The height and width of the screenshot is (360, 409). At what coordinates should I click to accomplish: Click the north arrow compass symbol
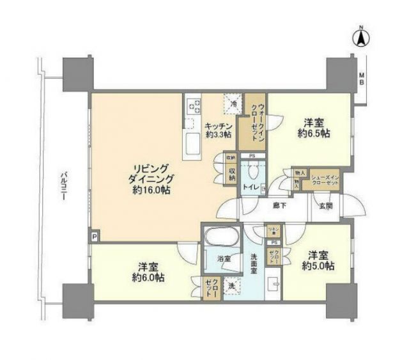tap(360, 38)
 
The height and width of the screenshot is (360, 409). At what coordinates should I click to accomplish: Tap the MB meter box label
tap(360, 79)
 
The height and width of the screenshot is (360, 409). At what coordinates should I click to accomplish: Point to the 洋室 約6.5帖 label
tap(312, 128)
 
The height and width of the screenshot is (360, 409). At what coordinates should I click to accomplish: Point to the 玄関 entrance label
tap(325, 206)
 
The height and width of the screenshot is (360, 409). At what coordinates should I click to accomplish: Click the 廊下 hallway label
tap(278, 207)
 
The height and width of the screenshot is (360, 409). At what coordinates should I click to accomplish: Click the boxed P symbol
tap(95, 236)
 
